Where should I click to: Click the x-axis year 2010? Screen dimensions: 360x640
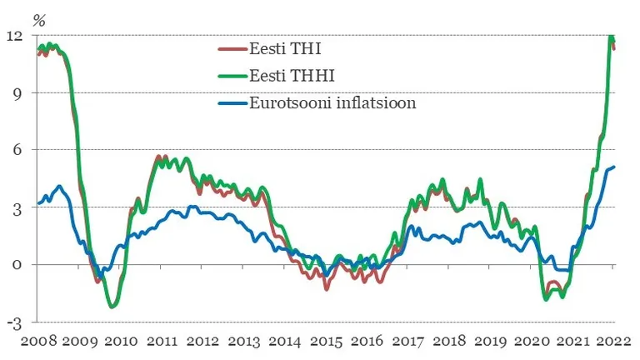click(121, 341)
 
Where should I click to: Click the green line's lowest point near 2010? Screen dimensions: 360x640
click(112, 307)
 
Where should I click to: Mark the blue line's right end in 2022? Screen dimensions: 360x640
click(613, 167)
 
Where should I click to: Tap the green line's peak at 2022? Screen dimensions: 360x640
click(611, 36)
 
